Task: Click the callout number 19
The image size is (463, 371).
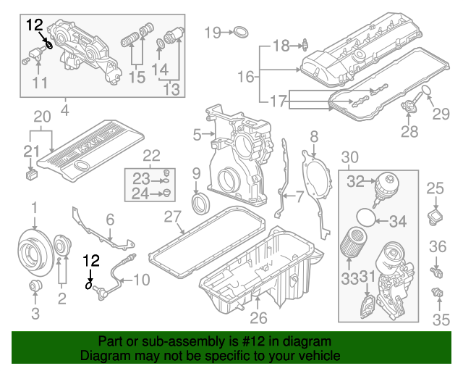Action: click(x=211, y=32)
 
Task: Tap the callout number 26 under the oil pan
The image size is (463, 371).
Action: click(x=258, y=317)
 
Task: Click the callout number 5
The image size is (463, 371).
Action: click(x=197, y=135)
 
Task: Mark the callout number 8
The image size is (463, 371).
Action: click(x=313, y=136)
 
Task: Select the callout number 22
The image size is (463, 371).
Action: click(x=150, y=154)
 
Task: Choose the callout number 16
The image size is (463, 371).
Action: click(x=246, y=75)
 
